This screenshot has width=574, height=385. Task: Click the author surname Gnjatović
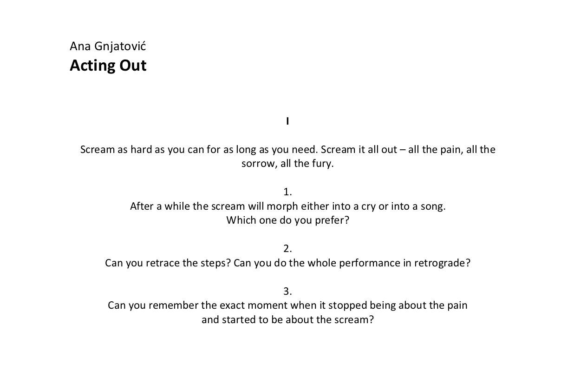click(120, 46)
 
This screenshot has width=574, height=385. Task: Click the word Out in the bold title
click(133, 66)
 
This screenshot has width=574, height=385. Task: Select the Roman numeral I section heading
click(287, 121)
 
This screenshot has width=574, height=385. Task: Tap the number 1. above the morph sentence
click(287, 192)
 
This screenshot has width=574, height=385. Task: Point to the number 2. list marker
click(287, 249)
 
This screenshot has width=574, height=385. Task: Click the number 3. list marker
click(287, 292)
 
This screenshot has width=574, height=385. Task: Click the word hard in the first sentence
click(141, 150)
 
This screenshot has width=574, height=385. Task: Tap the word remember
click(173, 305)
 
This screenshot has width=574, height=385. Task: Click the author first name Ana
click(80, 46)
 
